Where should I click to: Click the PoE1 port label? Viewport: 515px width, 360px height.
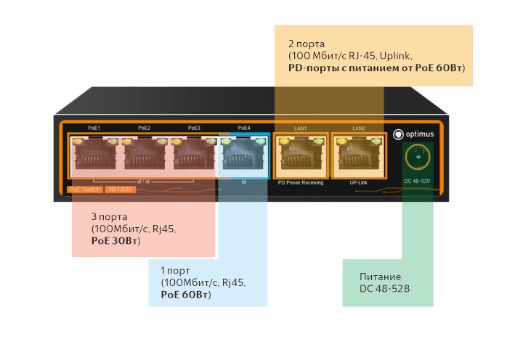[x=93, y=128]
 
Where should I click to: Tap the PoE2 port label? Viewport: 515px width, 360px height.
[x=144, y=128]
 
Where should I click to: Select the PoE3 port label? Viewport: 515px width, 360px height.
[x=194, y=128]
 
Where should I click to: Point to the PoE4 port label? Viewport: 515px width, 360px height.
[x=244, y=128]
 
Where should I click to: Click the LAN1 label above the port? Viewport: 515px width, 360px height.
[x=301, y=128]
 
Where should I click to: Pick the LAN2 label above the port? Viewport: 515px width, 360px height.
[x=358, y=128]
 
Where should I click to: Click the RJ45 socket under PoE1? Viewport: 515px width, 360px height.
[x=93, y=155]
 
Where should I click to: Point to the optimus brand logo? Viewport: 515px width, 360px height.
[x=413, y=135]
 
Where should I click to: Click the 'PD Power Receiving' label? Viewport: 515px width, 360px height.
[x=301, y=183]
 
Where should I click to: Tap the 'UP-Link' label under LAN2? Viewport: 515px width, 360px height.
[x=358, y=183]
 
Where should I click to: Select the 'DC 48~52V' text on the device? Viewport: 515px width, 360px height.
[x=418, y=180]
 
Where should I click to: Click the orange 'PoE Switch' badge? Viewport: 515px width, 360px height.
[x=84, y=190]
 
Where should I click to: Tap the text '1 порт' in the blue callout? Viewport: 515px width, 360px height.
[x=175, y=270]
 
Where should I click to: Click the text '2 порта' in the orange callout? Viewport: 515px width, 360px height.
[x=303, y=43]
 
